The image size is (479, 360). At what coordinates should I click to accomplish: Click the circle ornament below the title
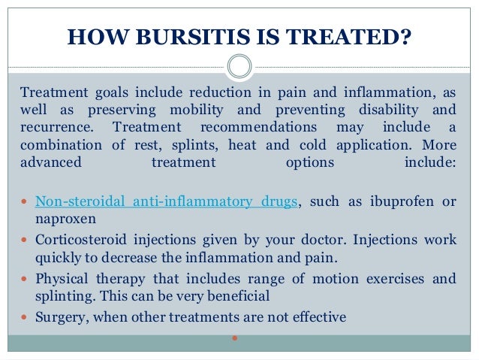pos(239,67)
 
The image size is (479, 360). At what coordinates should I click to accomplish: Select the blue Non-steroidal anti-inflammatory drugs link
pos(167,201)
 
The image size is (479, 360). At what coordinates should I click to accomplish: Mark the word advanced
pos(52,162)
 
